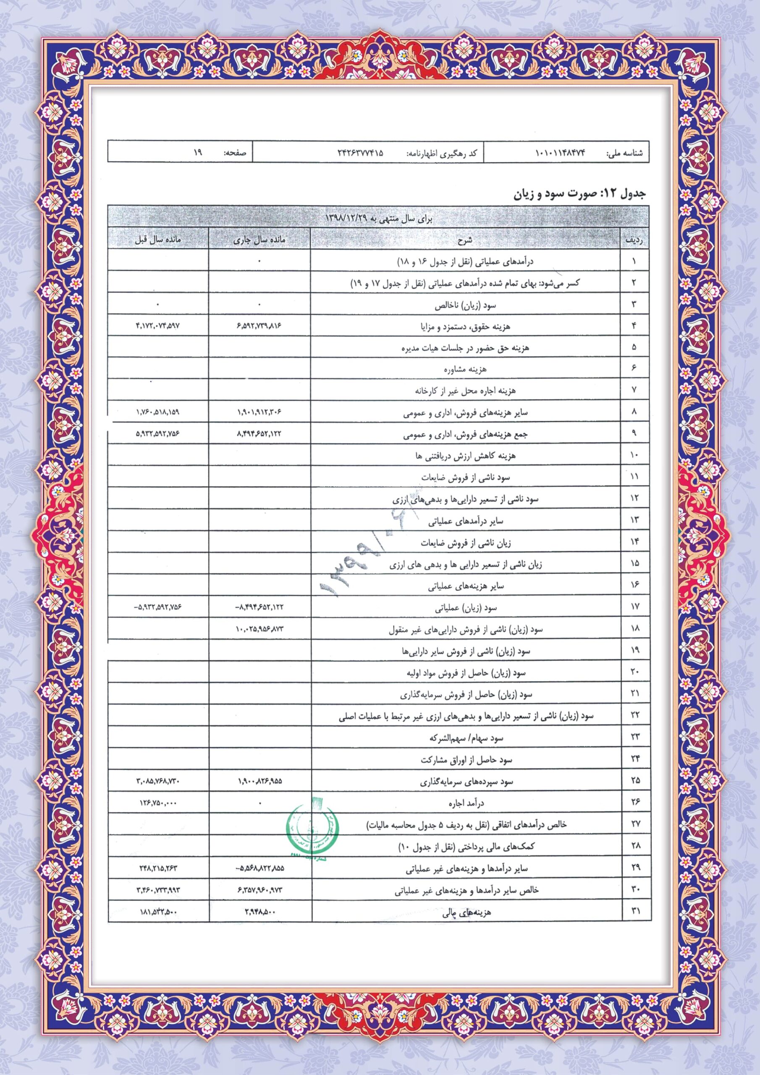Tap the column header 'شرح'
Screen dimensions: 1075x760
[x=466, y=240]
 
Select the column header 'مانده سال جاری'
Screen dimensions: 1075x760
[x=260, y=240]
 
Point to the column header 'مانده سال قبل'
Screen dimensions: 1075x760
[x=158, y=240]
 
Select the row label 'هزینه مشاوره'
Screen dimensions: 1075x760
[x=466, y=370]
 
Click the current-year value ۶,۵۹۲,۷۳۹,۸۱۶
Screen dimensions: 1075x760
[x=260, y=326]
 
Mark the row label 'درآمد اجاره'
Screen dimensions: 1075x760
[x=466, y=803]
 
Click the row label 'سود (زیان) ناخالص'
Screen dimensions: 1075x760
[x=466, y=305]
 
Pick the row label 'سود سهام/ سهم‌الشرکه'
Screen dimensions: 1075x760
[x=466, y=738]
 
